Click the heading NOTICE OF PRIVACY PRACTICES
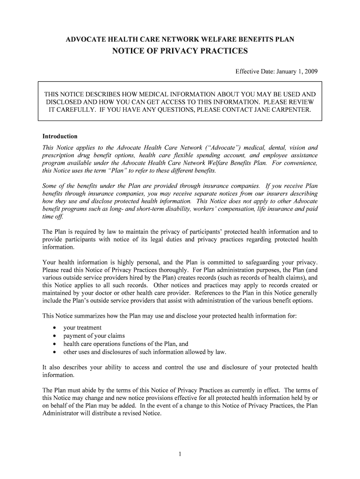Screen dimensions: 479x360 (x=180, y=51)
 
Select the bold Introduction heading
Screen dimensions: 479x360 (x=60, y=137)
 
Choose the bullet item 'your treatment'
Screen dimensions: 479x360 (x=82, y=327)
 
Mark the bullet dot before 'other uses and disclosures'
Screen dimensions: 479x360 (x=55, y=352)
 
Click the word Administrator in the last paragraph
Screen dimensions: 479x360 (x=60, y=413)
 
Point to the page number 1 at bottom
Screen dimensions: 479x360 (x=180, y=455)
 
